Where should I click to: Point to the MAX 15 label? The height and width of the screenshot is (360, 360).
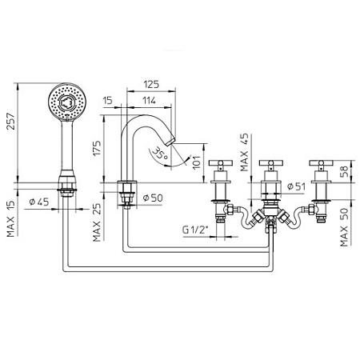(9, 213)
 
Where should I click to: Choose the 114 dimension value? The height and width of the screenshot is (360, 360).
(150, 100)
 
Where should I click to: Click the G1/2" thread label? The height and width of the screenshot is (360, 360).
(194, 230)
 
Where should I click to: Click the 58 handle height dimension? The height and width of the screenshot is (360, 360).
(345, 170)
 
